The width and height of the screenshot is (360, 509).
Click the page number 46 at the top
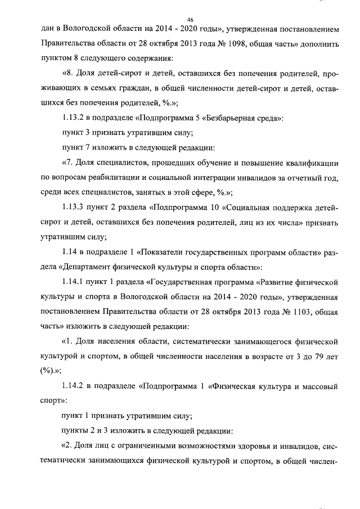click(190, 19)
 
